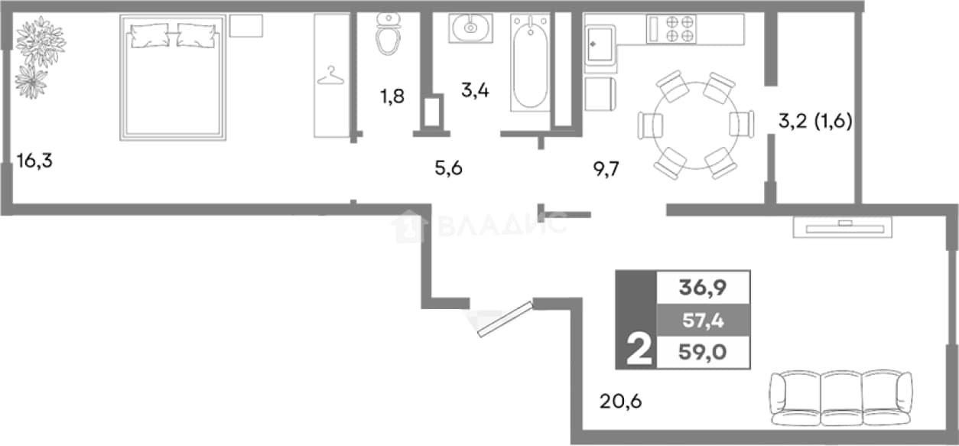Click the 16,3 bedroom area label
coord(34,161)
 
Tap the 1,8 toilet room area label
coord(392,96)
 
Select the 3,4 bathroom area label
coord(475,90)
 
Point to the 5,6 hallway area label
coord(448,168)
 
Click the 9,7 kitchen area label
coord(606,169)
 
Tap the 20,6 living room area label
coord(620,402)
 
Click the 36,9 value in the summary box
coord(703,287)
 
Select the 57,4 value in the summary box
coord(703,320)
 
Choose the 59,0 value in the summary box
coord(703,352)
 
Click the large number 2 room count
coord(639,350)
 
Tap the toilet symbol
coord(388,34)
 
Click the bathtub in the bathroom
coord(531,63)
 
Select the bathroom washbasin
coord(470,28)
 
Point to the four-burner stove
coord(671,29)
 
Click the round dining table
coord(696,125)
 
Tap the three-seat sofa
coord(840,398)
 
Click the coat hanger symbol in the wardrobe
coord(330,76)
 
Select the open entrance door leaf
coord(506,319)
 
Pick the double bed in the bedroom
coord(173,77)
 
